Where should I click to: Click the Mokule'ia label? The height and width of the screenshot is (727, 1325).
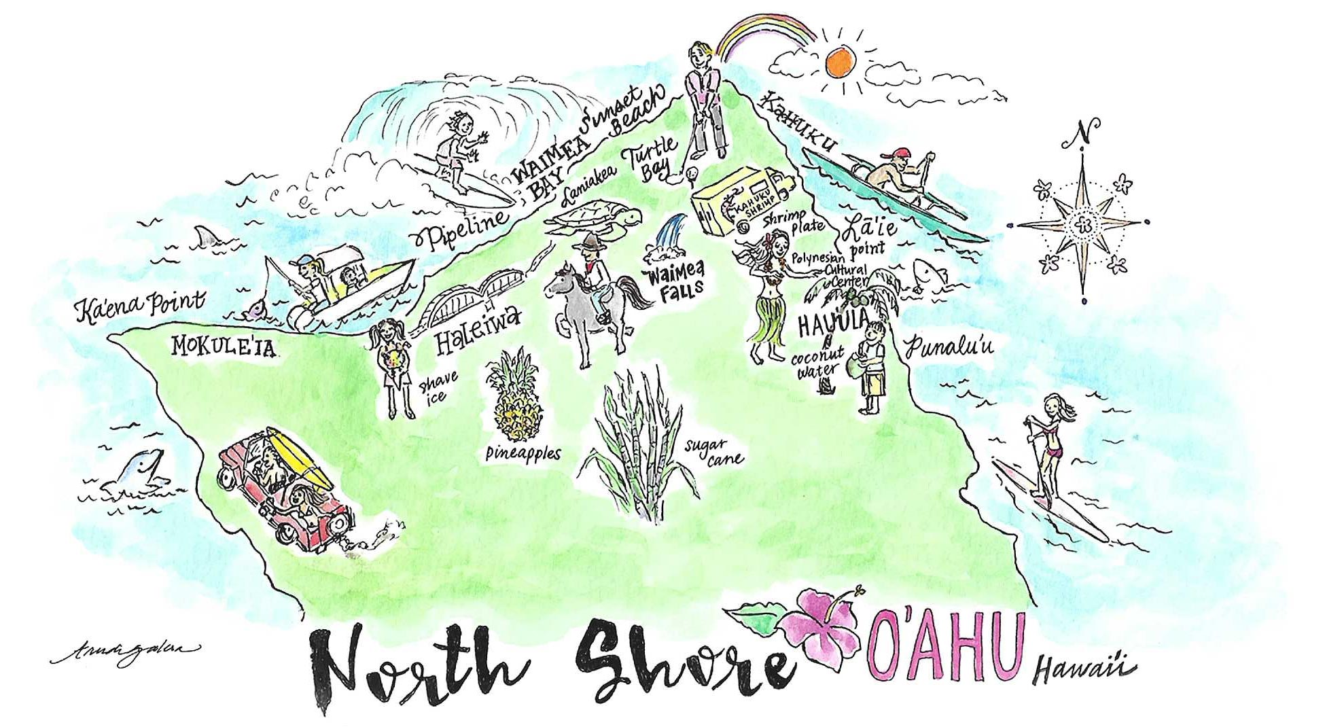coord(223,347)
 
